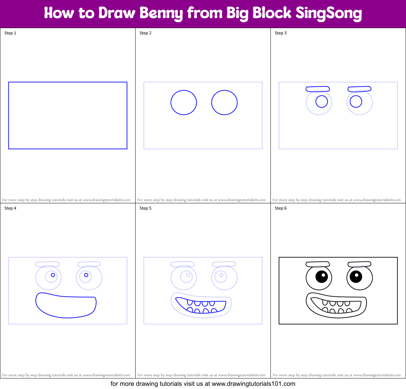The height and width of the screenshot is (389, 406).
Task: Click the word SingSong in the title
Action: pyautogui.click(x=329, y=13)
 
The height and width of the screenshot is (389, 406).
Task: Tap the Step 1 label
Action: pyautogui.click(x=10, y=33)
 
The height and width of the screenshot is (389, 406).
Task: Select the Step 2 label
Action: pyautogui.click(x=145, y=33)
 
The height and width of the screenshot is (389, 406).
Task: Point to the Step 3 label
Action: pyautogui.click(x=281, y=33)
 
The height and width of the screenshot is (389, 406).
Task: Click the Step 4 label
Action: pyautogui.click(x=10, y=208)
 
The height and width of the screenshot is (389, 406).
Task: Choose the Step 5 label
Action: pyautogui.click(x=145, y=208)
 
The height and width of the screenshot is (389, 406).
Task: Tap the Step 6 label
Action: pyautogui.click(x=281, y=208)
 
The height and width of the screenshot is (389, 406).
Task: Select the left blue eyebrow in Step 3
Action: pyautogui.click(x=317, y=89)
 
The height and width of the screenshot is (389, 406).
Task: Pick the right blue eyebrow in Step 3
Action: pyautogui.click(x=359, y=89)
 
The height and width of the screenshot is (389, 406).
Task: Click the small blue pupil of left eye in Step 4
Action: pyautogui.click(x=53, y=275)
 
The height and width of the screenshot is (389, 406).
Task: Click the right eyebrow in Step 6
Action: pyautogui.click(x=359, y=264)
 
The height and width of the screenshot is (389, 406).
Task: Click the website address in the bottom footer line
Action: pyautogui.click(x=253, y=384)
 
